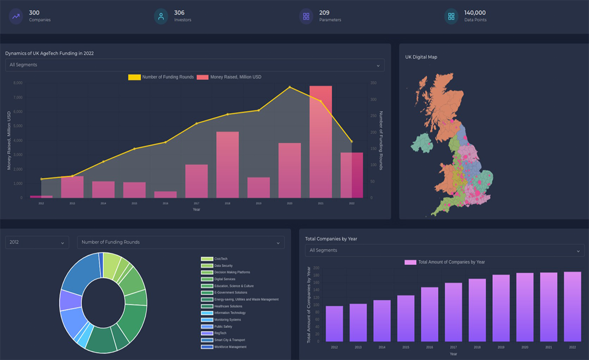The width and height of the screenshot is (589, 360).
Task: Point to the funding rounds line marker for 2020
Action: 290,87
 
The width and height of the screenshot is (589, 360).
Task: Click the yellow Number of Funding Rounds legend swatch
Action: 134,77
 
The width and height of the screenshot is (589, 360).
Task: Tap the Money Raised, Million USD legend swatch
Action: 203,77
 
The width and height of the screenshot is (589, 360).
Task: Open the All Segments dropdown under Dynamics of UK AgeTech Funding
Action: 194,65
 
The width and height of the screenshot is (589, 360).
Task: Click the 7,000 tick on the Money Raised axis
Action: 18,97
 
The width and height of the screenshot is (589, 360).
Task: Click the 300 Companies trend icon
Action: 16,16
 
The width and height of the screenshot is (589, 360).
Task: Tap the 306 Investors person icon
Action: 161,16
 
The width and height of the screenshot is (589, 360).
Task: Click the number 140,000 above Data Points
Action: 475,13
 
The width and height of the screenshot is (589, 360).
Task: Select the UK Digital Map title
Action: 421,57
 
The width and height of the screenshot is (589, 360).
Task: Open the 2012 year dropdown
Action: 37,242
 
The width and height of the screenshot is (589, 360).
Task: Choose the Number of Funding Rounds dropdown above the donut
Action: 181,242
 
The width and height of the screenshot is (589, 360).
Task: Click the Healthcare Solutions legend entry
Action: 228,306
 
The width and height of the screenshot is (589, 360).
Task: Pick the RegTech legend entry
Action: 220,333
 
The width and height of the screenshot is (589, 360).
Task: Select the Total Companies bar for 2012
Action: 334,324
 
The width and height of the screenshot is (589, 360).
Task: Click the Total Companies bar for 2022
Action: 572,306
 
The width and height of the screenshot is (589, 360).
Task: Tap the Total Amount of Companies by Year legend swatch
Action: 410,262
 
